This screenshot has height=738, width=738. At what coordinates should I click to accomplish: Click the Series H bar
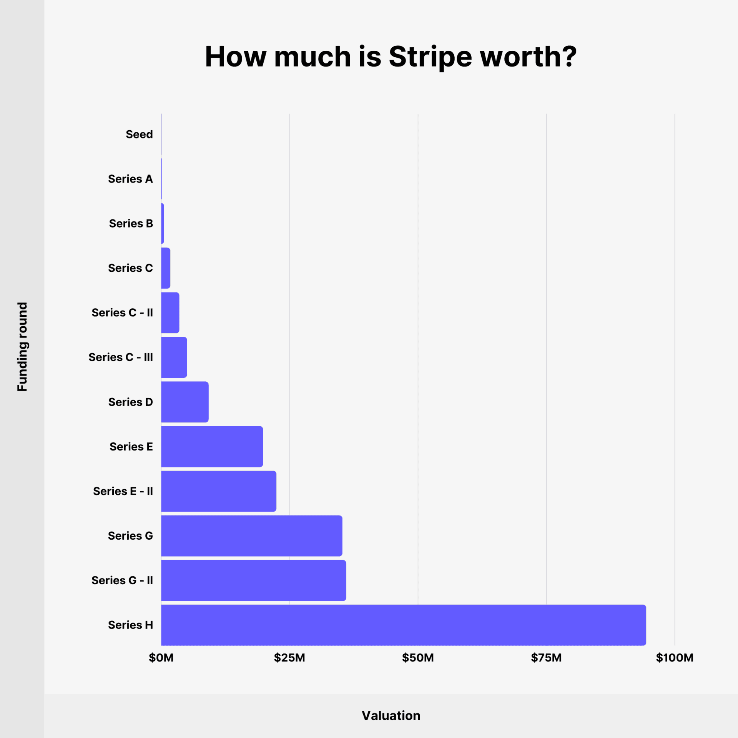point(403,625)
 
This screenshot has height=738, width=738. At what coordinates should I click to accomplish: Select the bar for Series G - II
point(253,580)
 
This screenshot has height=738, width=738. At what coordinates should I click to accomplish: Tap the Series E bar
point(212,446)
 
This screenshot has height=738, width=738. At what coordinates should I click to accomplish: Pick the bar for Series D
point(184,402)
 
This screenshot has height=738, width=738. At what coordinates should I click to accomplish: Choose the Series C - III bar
point(174,357)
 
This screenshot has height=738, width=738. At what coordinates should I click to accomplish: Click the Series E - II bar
point(218,491)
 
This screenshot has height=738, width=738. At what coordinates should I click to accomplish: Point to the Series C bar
point(166,268)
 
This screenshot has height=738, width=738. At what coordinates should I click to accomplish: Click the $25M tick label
point(289,658)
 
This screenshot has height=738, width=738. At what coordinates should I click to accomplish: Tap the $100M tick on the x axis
point(675,658)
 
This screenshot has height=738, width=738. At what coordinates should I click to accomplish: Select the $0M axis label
point(161,658)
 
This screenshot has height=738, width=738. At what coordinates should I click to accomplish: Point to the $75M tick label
point(546,658)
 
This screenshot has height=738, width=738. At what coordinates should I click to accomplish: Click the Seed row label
point(139,134)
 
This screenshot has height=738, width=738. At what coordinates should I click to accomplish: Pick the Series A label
point(130,179)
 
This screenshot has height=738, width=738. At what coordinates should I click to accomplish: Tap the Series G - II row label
point(122,580)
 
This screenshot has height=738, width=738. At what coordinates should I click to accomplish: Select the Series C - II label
point(122,312)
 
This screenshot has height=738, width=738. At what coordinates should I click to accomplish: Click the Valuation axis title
point(391,715)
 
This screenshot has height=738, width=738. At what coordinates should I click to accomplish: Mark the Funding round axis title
point(22,346)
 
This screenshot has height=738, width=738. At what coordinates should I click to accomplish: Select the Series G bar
point(251,535)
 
